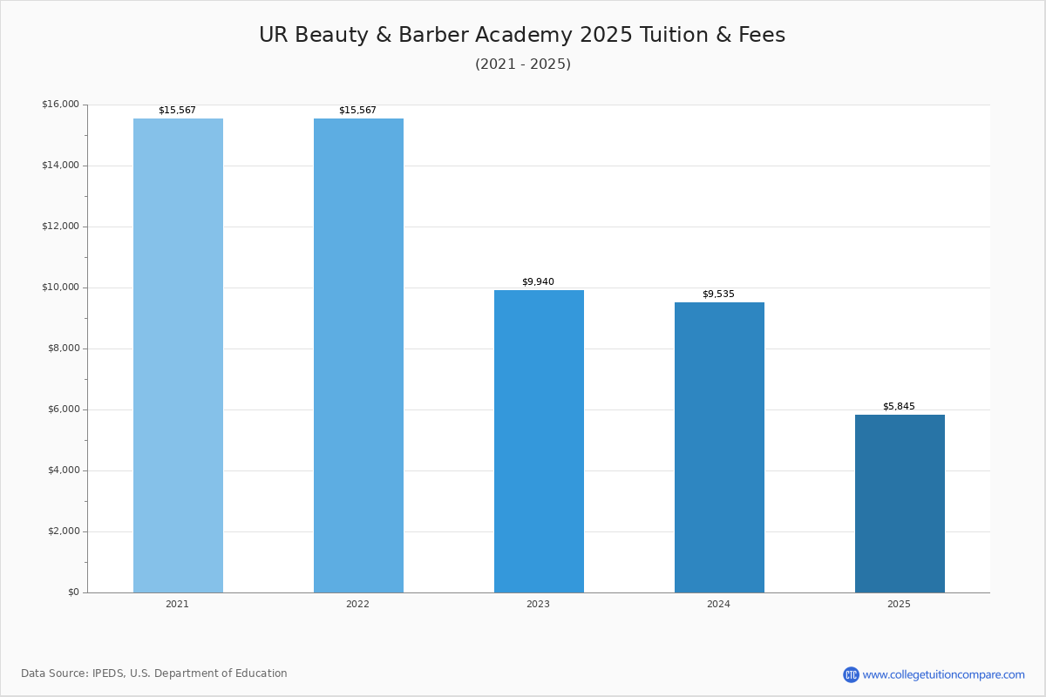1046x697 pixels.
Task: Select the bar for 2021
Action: [178, 355]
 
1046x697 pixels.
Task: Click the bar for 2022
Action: [358, 355]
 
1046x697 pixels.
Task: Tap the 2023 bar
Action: [539, 441]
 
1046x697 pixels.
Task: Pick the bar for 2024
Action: [719, 447]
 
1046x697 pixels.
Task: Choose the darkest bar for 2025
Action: [900, 504]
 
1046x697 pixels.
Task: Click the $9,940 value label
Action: [538, 281]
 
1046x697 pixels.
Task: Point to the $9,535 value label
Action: [718, 294]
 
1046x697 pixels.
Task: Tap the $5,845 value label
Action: [899, 406]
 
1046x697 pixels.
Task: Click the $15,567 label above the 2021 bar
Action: [177, 110]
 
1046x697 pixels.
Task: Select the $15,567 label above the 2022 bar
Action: [357, 110]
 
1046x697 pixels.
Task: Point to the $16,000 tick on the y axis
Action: [61, 104]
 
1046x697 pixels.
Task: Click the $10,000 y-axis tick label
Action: [61, 288]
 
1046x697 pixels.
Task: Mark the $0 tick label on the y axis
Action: [74, 592]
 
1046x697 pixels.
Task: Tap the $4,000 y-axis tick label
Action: [64, 470]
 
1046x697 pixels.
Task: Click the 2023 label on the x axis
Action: [538, 604]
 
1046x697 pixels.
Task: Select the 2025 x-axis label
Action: [899, 604]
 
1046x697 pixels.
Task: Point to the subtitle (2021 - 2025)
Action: [523, 64]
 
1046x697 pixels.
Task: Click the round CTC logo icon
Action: [851, 674]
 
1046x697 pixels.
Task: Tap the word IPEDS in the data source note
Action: [109, 673]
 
